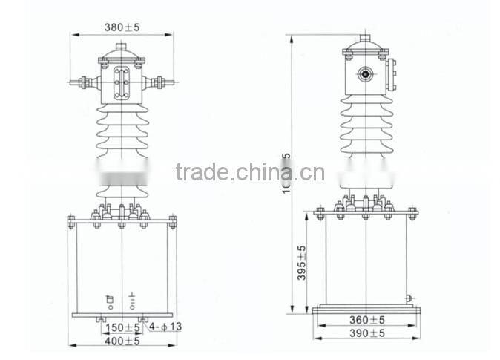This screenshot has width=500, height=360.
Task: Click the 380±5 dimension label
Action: coord(122,27)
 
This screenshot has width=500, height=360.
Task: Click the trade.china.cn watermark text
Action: coord(250,172)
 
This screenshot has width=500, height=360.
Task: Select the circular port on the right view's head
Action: coord(364,75)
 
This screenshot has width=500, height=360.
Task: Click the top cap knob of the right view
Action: coord(364,39)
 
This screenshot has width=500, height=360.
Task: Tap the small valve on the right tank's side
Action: coord(409,300)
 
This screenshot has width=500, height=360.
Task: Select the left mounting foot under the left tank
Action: coord(101,320)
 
